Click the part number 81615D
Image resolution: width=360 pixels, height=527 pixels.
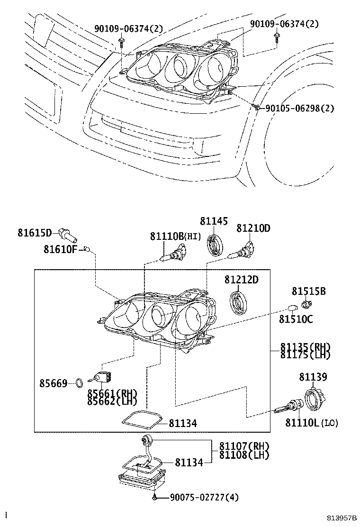click(35, 233)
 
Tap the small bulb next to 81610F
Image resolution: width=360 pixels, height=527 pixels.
click(86, 248)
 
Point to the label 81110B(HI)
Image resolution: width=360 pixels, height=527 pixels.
click(176, 236)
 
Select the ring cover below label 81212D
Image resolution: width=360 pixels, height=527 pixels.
click(238, 302)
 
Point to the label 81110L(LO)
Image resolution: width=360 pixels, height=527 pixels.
click(312, 423)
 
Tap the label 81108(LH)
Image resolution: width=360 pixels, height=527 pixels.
click(243, 454)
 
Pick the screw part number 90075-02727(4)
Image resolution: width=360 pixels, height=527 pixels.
click(204, 497)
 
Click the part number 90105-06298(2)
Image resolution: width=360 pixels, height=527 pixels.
click(299, 108)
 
